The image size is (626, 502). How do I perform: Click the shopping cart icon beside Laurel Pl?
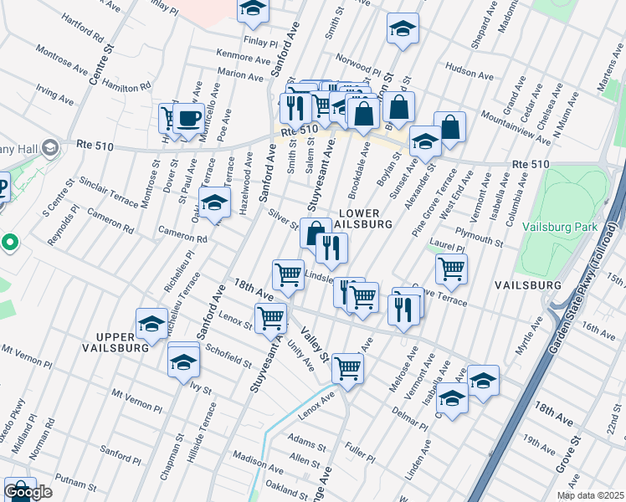(451, 269)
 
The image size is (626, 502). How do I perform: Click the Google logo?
(28, 493)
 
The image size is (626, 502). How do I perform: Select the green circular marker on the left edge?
(10, 243)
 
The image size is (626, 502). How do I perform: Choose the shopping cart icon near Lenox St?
(271, 318)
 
